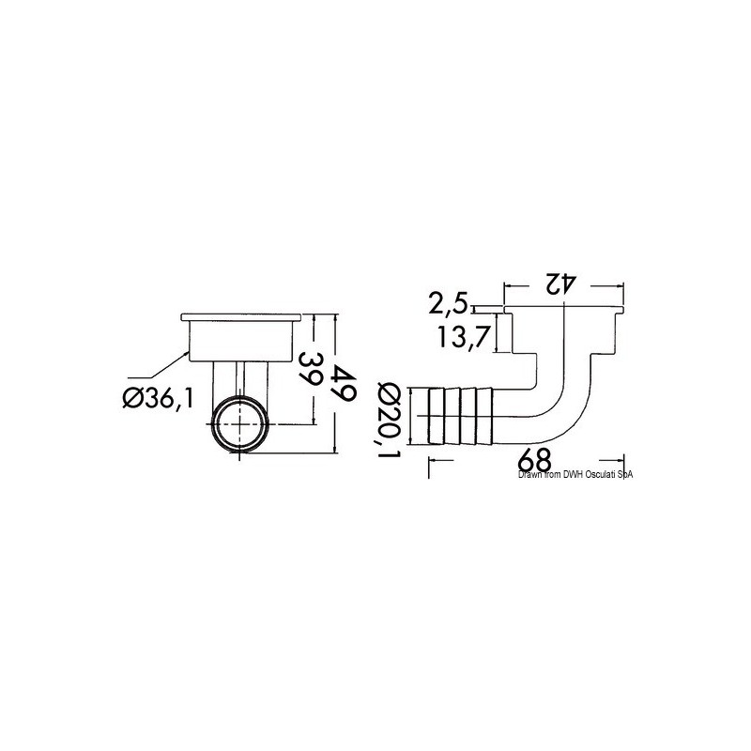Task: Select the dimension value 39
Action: tap(310, 369)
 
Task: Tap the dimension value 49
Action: tap(345, 382)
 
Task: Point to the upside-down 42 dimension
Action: tap(558, 284)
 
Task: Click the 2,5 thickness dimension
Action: tap(447, 304)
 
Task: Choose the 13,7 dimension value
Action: tap(463, 337)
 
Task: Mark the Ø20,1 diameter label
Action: tap(389, 419)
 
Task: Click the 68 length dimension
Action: tap(534, 460)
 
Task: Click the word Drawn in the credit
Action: tap(527, 474)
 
